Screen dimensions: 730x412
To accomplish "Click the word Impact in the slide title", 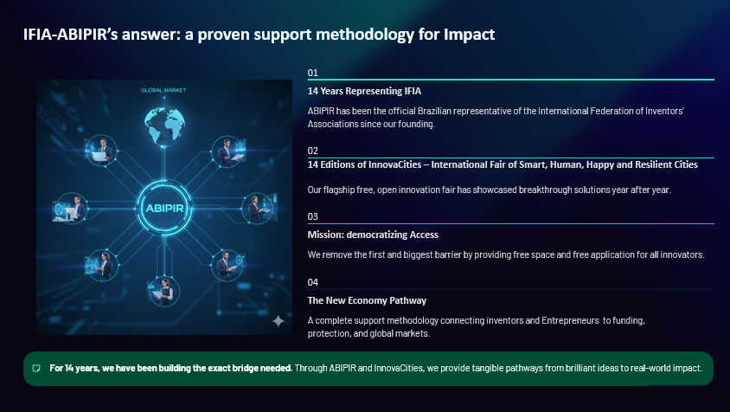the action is (469, 35).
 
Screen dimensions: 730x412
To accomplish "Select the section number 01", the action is (313, 73).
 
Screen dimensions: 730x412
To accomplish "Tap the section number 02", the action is (313, 151).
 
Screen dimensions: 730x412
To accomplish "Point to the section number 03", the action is (313, 216).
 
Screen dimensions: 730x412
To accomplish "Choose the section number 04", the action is (313, 282).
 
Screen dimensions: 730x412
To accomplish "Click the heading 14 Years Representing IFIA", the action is (364, 91).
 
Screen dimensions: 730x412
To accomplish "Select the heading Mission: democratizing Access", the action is (373, 235).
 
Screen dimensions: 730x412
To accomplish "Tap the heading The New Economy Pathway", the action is (367, 300).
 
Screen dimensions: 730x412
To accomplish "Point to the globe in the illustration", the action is (163, 125).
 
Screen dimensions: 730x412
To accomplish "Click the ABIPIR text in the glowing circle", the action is (164, 209).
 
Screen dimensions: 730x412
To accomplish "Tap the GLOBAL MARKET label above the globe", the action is (163, 90).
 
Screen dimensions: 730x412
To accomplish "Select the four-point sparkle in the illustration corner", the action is (278, 320).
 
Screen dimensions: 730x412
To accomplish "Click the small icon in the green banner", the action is (35, 368).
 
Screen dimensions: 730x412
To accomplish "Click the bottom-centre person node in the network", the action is (163, 292).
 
